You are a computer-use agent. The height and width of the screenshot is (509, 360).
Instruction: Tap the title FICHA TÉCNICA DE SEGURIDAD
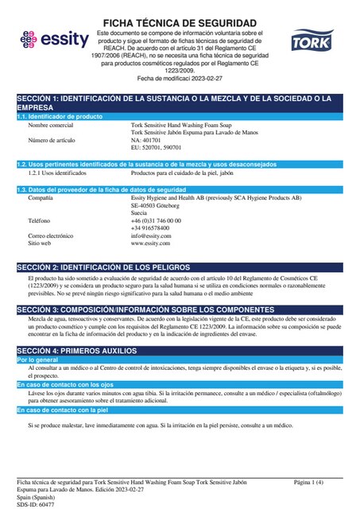(180, 22)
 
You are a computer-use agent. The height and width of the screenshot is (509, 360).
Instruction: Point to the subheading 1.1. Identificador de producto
(60, 117)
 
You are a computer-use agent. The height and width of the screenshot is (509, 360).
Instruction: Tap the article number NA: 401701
(149, 140)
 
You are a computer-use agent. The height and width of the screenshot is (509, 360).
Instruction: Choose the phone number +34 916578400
(152, 205)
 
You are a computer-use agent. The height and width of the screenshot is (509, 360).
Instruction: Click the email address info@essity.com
(151, 213)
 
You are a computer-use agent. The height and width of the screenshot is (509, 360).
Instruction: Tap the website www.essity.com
(151, 220)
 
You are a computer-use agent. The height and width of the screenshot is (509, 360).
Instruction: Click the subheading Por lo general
(37, 360)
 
